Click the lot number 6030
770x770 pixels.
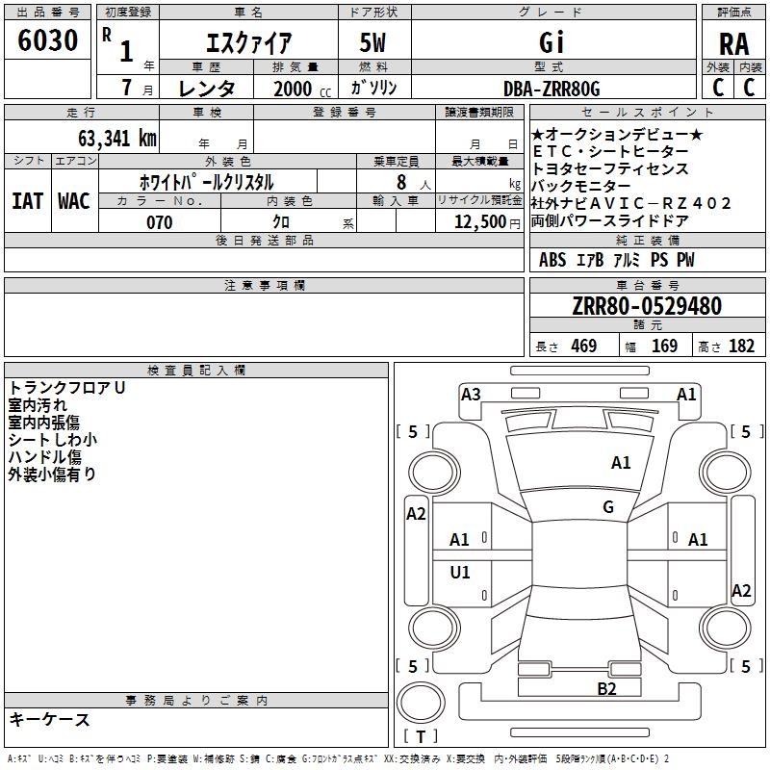tap(48, 41)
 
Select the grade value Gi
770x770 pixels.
tap(552, 42)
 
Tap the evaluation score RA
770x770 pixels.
tap(733, 44)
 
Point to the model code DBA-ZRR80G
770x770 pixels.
tap(552, 89)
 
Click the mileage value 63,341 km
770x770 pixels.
tap(107, 139)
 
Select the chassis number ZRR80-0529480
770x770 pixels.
tap(647, 307)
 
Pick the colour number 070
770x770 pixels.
tap(159, 222)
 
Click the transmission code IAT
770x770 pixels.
tap(28, 200)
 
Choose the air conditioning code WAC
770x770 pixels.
tap(74, 200)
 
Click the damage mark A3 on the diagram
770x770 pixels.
tap(471, 394)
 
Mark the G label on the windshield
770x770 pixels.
tap(608, 507)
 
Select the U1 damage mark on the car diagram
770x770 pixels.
tap(461, 573)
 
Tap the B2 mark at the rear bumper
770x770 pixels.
tap(606, 688)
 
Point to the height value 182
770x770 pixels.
tap(741, 346)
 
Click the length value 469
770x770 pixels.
tap(584, 346)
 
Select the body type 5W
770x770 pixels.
tap(375, 42)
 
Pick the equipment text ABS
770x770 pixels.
tap(552, 260)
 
